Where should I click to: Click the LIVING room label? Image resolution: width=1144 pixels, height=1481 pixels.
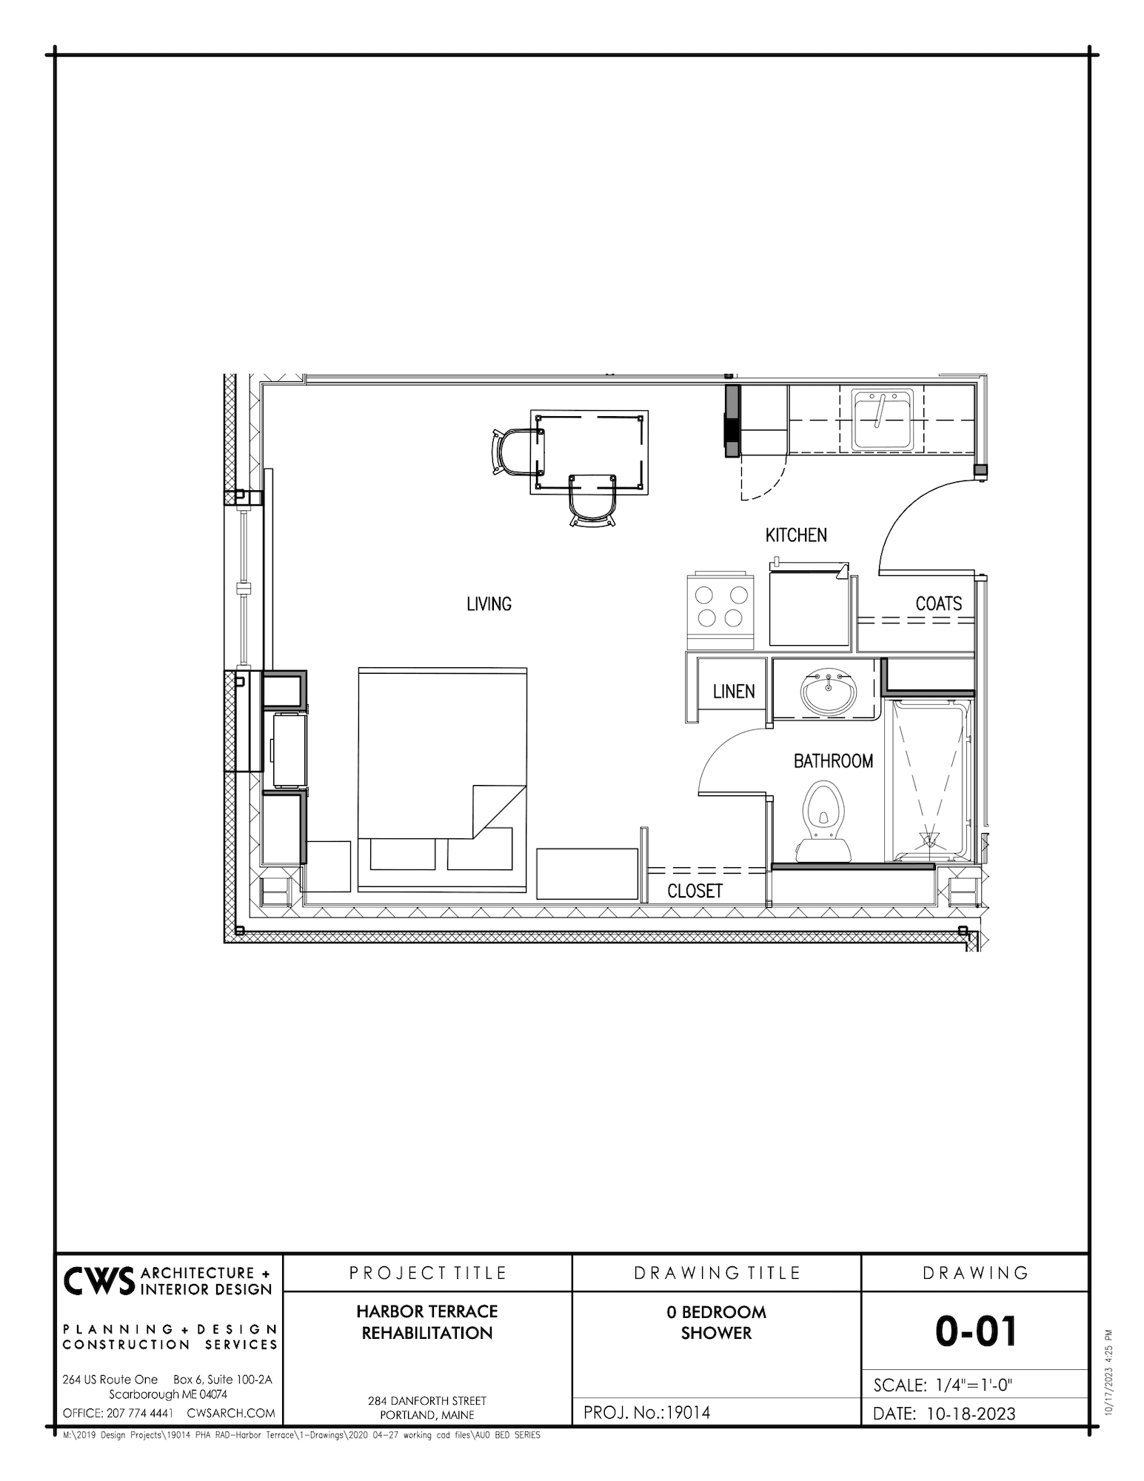pos(489,604)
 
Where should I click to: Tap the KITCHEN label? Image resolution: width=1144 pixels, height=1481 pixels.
pos(796,535)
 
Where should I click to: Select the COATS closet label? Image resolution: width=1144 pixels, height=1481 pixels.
pos(938,604)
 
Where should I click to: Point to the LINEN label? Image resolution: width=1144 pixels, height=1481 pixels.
pos(734,692)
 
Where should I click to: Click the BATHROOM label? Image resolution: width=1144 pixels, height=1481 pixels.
pos(833,761)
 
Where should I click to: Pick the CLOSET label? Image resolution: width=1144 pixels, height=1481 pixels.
pos(695,891)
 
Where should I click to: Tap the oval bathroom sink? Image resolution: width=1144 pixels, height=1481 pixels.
pos(828,692)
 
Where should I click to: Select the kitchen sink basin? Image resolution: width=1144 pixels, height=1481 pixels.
pos(883,420)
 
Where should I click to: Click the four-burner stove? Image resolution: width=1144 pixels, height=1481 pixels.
pos(720,607)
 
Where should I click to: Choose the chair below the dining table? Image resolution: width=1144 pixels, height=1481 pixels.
pos(592,501)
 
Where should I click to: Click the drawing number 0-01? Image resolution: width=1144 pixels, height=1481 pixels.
pos(975,1331)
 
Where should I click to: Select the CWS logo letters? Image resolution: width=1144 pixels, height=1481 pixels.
pos(98,1282)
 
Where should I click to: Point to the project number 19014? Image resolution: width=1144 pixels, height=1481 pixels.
pos(688,1413)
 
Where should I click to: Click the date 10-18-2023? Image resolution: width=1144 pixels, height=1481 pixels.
pos(970,1414)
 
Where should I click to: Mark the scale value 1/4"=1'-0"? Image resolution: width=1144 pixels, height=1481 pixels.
pos(974,1385)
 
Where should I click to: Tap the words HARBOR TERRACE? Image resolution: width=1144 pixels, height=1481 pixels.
pos(427,1311)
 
